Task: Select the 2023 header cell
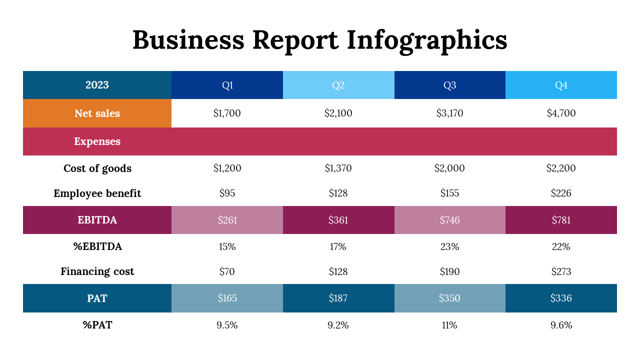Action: pyautogui.click(x=97, y=85)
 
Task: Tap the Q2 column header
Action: pyautogui.click(x=338, y=85)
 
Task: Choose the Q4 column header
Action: pyautogui.click(x=561, y=85)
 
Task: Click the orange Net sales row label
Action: pyautogui.click(x=97, y=113)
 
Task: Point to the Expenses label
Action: pyautogui.click(x=97, y=141)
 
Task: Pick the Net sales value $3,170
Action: pyautogui.click(x=449, y=113)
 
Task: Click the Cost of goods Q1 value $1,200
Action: pyautogui.click(x=227, y=168)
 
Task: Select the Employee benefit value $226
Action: pyautogui.click(x=561, y=193)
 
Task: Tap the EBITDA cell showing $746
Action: pyautogui.click(x=449, y=220)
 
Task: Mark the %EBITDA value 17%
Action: pyautogui.click(x=338, y=246)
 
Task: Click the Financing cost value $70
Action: pyautogui.click(x=227, y=272)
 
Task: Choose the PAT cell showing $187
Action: pyautogui.click(x=338, y=298)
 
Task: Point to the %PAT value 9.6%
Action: pyautogui.click(x=561, y=325)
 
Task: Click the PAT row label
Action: pyautogui.click(x=97, y=298)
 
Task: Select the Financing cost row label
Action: pyautogui.click(x=97, y=272)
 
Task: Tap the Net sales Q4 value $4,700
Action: pyautogui.click(x=561, y=113)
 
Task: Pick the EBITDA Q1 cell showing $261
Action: pyautogui.click(x=227, y=220)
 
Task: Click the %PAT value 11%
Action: pyautogui.click(x=449, y=325)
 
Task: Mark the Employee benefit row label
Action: pyautogui.click(x=97, y=193)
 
